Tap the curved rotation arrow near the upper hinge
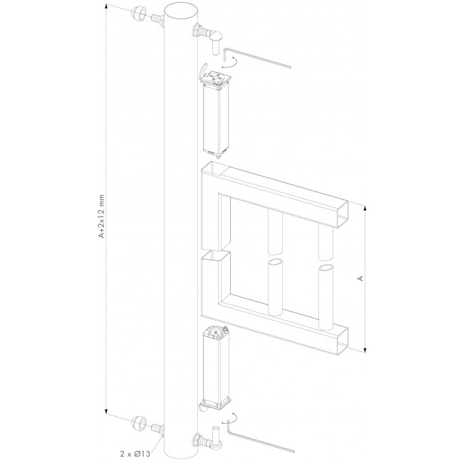tap(230, 66)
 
